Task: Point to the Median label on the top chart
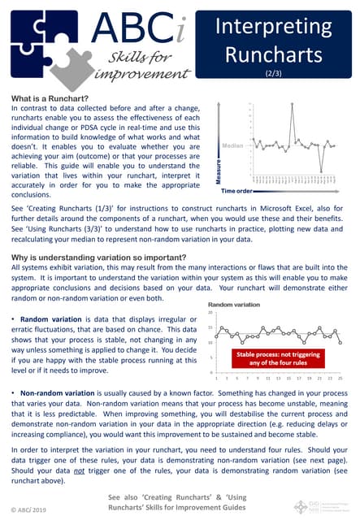pos(232,146)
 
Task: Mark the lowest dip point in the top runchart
pos(321,171)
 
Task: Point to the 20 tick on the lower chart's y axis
pos(210,313)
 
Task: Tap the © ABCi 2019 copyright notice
pos(30,509)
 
